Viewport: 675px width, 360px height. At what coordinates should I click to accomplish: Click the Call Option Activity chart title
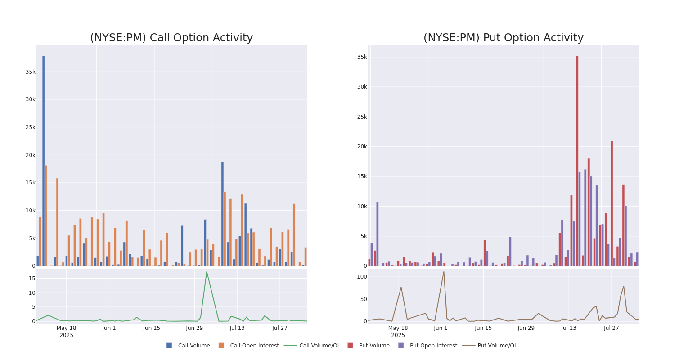[x=171, y=38]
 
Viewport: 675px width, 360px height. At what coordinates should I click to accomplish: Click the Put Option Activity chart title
[x=503, y=38]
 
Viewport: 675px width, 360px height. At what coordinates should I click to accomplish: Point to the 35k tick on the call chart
[x=30, y=72]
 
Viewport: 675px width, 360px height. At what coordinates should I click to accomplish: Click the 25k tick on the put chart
[x=362, y=117]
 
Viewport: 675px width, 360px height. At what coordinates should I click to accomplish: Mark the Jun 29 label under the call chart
[x=194, y=328]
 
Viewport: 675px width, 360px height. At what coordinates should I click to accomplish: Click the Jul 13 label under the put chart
[x=569, y=328]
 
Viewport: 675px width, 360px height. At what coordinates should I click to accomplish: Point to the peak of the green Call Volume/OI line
[x=207, y=272]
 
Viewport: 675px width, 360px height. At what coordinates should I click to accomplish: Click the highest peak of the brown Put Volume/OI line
[x=444, y=272]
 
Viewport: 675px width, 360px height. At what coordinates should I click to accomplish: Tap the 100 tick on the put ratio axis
[x=362, y=277]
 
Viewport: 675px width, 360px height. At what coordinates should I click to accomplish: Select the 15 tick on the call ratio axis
[x=31, y=279]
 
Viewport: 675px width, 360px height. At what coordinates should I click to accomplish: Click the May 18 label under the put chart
[x=398, y=328]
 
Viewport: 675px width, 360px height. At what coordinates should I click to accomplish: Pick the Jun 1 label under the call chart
[x=109, y=328]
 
